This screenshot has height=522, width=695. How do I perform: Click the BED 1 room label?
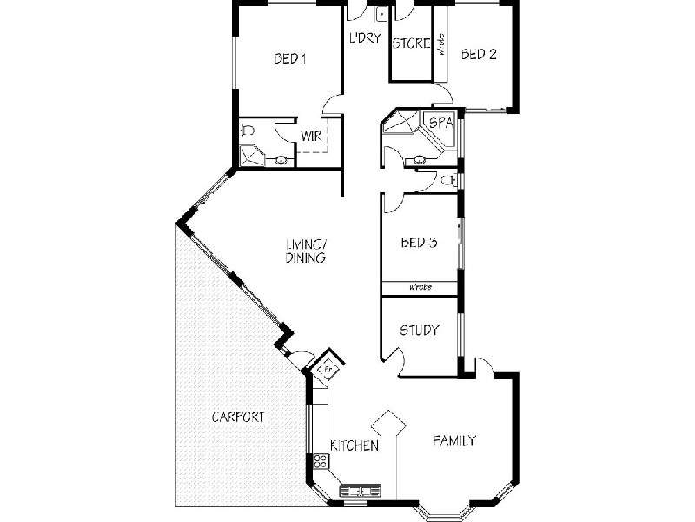[291, 58]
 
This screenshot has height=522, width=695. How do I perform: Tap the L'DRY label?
[366, 38]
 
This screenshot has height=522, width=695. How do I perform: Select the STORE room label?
[411, 43]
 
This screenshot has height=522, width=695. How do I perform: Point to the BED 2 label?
[479, 54]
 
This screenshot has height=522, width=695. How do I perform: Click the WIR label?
[312, 136]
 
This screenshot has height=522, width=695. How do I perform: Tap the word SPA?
[440, 123]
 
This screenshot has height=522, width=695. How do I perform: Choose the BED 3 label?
[418, 243]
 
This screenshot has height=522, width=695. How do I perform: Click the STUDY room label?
[419, 331]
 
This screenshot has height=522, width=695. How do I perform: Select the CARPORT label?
[239, 417]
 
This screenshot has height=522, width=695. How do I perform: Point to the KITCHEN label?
[353, 446]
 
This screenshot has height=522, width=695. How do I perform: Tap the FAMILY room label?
[454, 441]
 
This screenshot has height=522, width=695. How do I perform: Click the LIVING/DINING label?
[305, 251]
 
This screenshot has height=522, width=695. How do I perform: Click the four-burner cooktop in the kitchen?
[319, 461]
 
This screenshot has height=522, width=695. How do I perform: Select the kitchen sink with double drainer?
[360, 492]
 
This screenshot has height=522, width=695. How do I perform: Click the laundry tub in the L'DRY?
[381, 15]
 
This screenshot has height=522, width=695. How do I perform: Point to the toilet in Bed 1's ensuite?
[246, 132]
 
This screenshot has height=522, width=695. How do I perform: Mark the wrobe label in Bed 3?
[420, 287]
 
